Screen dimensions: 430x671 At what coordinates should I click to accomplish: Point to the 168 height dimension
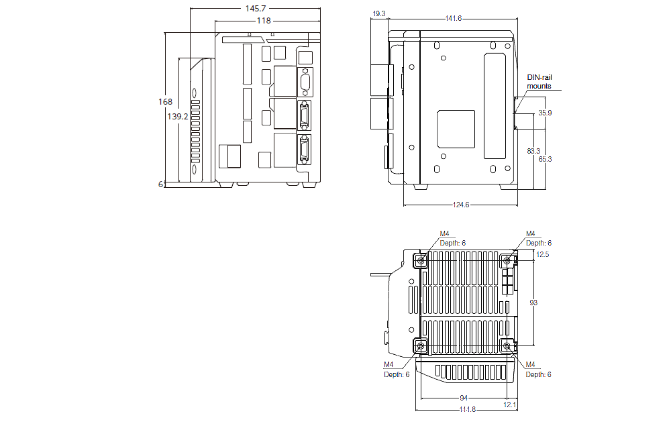coord(165,102)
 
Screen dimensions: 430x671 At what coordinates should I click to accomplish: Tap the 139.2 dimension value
coord(178,116)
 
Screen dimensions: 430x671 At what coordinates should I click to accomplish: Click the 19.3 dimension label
coord(378,13)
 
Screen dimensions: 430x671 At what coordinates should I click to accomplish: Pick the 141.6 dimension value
coord(454,19)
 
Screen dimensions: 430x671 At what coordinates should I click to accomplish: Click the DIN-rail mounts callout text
coord(539,82)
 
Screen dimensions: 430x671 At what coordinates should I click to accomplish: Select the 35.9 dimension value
coord(545,113)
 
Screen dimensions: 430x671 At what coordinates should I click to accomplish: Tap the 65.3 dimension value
coord(545,159)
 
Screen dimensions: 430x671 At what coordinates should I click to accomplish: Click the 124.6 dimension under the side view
coord(460,205)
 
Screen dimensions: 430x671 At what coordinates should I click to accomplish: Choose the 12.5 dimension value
coord(543,254)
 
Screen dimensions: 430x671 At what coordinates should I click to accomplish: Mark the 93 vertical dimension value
coord(533,303)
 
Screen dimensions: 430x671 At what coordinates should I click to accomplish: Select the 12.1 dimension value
coord(510,404)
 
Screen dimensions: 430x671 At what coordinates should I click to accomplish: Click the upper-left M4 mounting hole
coord(421,260)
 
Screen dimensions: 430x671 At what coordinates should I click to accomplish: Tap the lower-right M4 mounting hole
coord(508,345)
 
